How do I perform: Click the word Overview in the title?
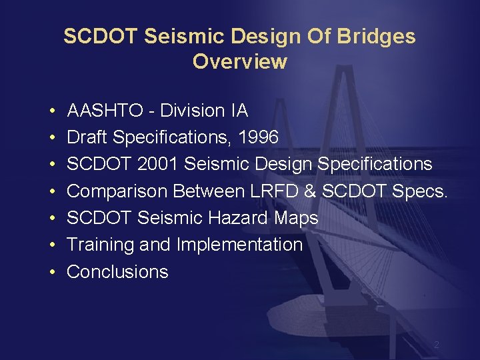pos(239,62)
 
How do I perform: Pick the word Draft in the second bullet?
pos(87,137)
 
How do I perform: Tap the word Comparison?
pos(117,191)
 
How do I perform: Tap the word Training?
pos(101,245)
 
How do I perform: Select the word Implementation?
pos(239,245)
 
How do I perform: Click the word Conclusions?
pos(118,272)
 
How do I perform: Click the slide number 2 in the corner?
pos(436,345)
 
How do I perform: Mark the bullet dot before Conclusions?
pos(51,272)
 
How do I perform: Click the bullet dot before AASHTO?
pos(51,111)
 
